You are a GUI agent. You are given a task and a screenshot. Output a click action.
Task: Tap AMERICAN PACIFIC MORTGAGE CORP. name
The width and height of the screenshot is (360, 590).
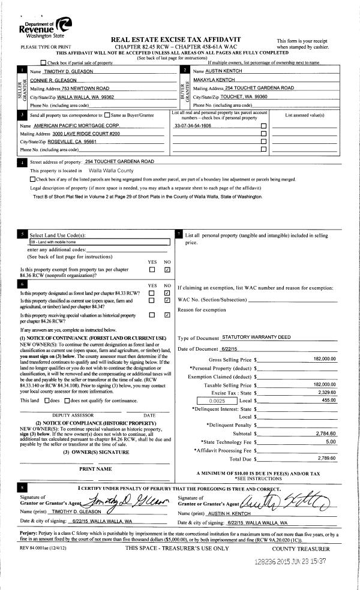83,126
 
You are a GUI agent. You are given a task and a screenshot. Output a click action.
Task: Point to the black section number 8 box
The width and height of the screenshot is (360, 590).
23,489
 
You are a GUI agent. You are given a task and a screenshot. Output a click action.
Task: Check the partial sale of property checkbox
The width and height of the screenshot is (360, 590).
43,62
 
